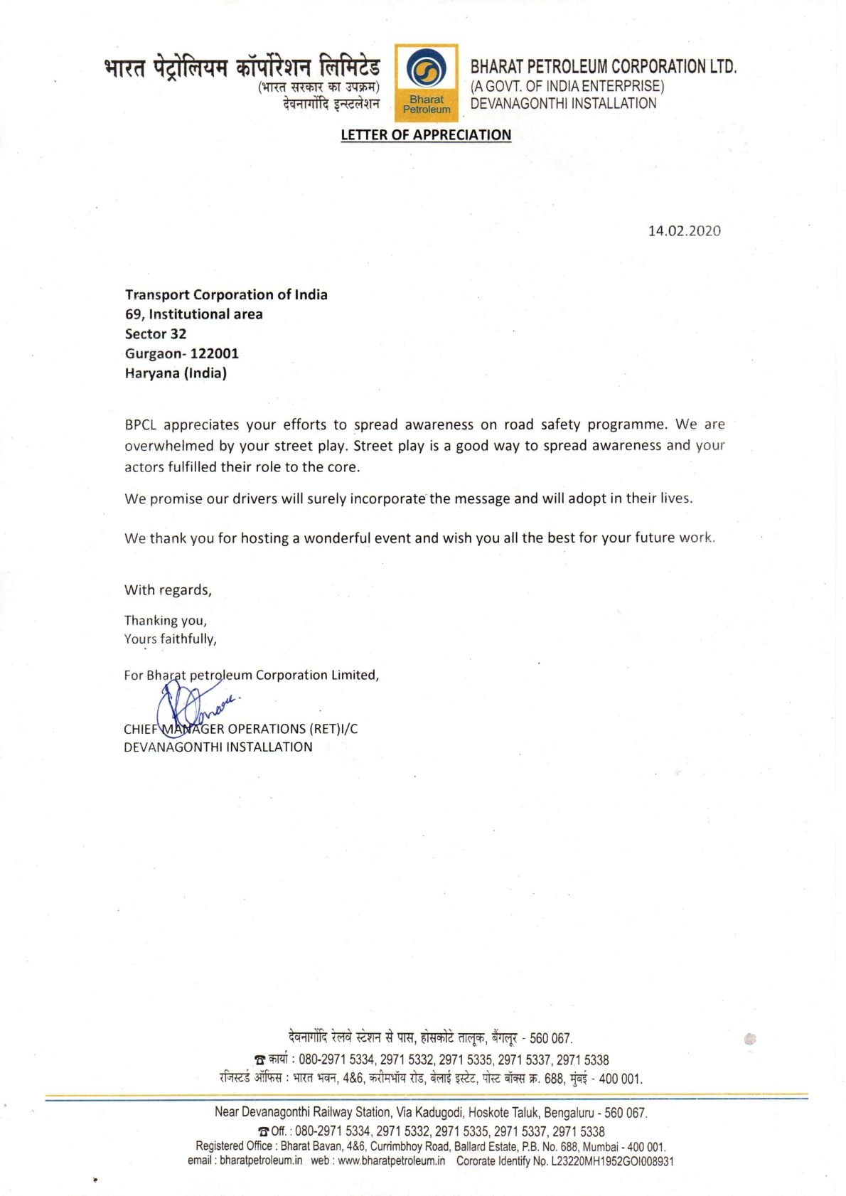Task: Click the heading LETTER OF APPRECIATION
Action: pyautogui.click(x=426, y=135)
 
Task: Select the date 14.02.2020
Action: pyautogui.click(x=684, y=230)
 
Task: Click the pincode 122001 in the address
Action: pyautogui.click(x=215, y=353)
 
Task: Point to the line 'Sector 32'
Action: pyautogui.click(x=156, y=333)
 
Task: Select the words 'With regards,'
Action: pyautogui.click(x=168, y=589)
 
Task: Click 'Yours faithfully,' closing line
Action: pyautogui.click(x=171, y=639)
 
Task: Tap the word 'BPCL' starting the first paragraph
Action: pyautogui.click(x=140, y=425)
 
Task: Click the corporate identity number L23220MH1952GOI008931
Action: pyautogui.click(x=612, y=1161)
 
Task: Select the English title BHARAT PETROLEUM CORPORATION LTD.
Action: pyautogui.click(x=604, y=67)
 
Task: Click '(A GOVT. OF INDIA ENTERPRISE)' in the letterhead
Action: pyautogui.click(x=567, y=86)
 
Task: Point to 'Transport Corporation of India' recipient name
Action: pyautogui.click(x=226, y=294)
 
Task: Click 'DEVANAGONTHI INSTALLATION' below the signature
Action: pyautogui.click(x=218, y=747)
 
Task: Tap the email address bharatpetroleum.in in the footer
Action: pyautogui.click(x=260, y=1161)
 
